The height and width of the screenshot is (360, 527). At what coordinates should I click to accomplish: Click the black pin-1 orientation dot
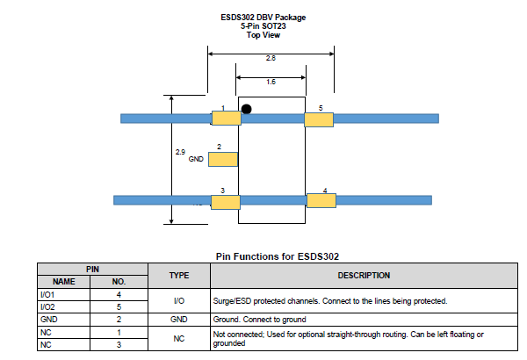247,110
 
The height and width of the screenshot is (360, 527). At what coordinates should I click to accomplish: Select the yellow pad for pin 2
223,159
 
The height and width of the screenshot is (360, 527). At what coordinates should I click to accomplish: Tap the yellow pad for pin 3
225,202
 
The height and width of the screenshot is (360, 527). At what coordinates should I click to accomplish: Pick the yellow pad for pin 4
321,201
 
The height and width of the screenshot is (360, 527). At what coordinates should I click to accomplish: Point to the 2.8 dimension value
271,58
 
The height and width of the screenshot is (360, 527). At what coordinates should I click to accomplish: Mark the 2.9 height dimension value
180,152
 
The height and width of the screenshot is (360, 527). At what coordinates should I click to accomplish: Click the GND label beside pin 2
196,160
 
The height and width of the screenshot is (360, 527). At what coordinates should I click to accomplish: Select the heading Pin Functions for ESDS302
278,256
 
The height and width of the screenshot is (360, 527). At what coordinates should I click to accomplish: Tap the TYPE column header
179,275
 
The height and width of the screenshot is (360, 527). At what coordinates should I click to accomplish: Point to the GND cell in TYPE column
179,320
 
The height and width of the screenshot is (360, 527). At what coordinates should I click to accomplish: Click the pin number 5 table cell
119,307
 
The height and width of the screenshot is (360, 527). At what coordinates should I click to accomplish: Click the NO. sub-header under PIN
119,282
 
